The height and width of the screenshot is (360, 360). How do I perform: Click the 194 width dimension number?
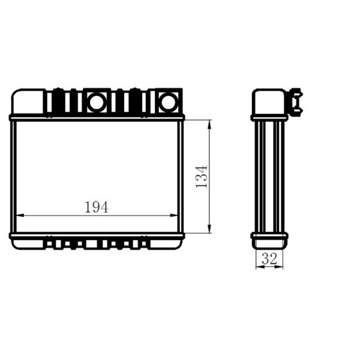pyautogui.click(x=97, y=207)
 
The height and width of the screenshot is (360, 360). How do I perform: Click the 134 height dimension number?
pyautogui.click(x=202, y=176)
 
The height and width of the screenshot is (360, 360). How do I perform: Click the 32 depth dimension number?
pyautogui.click(x=269, y=259)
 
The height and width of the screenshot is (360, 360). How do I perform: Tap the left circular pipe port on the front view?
pyautogui.click(x=97, y=102)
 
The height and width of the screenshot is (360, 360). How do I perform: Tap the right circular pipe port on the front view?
pyautogui.click(x=169, y=102)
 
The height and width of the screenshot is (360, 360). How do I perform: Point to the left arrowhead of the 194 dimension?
pyautogui.click(x=20, y=215)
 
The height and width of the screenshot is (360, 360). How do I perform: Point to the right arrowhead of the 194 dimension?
pyautogui.click(x=174, y=215)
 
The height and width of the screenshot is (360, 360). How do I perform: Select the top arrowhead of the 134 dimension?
pyautogui.click(x=209, y=124)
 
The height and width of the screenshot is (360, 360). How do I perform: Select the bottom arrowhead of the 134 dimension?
pyautogui.click(x=209, y=229)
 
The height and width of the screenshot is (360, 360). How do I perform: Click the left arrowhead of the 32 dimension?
pyautogui.click(x=260, y=267)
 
